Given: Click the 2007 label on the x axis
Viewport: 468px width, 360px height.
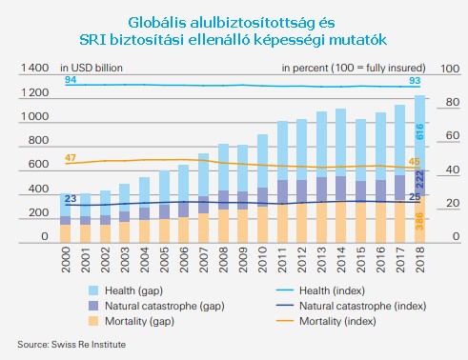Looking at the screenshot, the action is [203, 260].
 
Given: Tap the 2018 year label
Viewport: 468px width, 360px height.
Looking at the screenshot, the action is [420, 260].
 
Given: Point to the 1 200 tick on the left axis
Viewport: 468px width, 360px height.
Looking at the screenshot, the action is [34, 92].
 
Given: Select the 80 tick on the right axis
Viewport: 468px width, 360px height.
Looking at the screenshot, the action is [451, 102].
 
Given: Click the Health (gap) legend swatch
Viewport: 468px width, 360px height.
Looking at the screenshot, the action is [93, 290].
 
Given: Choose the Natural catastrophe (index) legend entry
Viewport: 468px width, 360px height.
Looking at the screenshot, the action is [351, 306].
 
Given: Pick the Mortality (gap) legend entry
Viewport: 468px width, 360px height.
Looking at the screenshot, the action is [132, 321].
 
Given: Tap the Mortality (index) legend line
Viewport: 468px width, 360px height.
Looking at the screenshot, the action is [285, 321].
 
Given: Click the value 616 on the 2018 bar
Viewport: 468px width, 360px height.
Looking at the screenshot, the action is [419, 131].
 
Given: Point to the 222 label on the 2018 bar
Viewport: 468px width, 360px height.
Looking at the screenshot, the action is [419, 179].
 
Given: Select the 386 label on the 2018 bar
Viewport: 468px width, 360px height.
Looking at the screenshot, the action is [419, 221].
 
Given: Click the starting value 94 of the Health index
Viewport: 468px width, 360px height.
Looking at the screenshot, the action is [71, 79].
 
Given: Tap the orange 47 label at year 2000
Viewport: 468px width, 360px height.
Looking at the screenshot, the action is [71, 158].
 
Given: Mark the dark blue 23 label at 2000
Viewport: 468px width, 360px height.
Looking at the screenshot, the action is [71, 198].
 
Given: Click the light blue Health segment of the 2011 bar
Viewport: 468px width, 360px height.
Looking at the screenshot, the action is [282, 150].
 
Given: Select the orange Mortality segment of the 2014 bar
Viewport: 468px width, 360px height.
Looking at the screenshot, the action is [341, 223].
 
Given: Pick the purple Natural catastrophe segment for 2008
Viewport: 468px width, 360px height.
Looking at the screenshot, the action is [224, 200].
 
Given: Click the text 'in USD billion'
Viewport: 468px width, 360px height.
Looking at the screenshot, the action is [92, 68].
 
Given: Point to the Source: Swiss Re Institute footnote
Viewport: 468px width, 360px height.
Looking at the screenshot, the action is [71, 345].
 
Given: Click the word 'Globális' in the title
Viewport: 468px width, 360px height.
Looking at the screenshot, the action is [157, 23].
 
